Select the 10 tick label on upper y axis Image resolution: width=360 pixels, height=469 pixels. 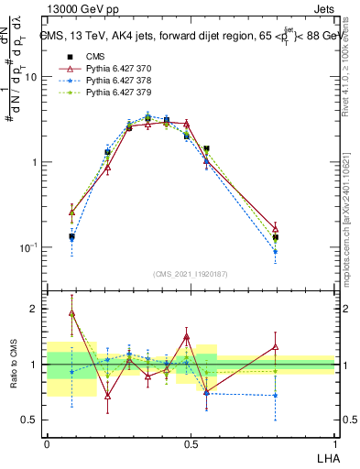pyautogui.click(x=30, y=77)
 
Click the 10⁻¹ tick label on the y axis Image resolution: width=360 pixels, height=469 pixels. pyautogui.click(x=28, y=247)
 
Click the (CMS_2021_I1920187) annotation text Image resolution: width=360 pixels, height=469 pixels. pyautogui.click(x=191, y=274)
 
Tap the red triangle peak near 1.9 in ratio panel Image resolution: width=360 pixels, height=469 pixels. pyautogui.click(x=71, y=312)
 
